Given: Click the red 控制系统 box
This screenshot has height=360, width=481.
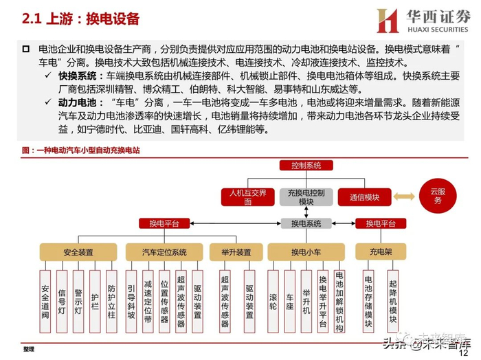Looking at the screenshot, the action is pyautogui.click(x=305, y=166).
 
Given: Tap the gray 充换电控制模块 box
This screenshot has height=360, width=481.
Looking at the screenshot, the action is pyautogui.click(x=306, y=196).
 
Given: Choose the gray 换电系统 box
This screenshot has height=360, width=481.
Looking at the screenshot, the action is pyautogui.click(x=306, y=223).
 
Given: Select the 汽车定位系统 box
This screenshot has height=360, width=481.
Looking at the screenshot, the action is pyautogui.click(x=164, y=251).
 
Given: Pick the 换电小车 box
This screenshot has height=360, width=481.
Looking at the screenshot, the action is pyautogui.click(x=306, y=251).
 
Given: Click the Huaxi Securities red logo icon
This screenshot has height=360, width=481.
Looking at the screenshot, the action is pyautogui.click(x=388, y=20).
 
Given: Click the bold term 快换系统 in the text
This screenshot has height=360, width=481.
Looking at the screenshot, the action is pyautogui.click(x=76, y=76).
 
